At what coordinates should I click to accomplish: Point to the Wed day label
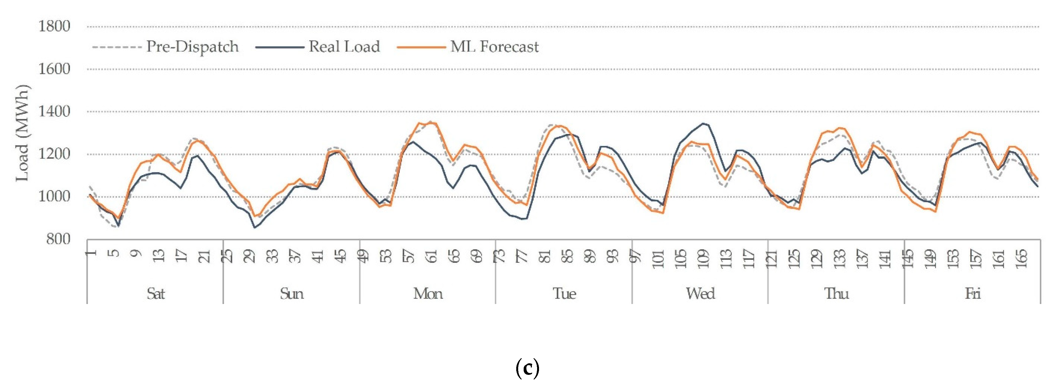[x=700, y=294]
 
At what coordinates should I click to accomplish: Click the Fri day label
[x=972, y=294]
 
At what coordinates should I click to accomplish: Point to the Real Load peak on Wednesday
[x=703, y=123]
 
